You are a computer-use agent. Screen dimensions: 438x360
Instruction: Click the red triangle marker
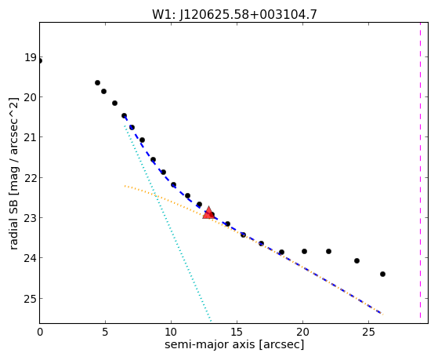[x=208, y=213]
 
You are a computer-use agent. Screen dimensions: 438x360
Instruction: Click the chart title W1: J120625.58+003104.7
[x=234, y=14]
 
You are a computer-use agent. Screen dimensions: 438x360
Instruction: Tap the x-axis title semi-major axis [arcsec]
[x=234, y=344]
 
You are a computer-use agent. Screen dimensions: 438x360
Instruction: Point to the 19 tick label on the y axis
[x=30, y=57]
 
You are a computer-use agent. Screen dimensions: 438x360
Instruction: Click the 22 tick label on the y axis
[x=30, y=178]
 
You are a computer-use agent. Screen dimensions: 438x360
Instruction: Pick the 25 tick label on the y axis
[x=30, y=299]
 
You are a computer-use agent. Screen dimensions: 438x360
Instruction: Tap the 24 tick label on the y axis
[x=30, y=258]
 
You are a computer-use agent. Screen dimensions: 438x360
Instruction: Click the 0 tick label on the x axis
[x=40, y=332]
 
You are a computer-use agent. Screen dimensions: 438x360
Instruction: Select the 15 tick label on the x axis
[x=237, y=332]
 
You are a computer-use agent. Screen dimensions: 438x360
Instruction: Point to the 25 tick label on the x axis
[x=368, y=332]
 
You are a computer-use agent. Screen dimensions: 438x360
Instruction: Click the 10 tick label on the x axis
[x=171, y=332]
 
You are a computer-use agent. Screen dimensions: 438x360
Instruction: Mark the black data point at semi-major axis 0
[x=40, y=61]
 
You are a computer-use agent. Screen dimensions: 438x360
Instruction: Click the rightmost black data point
[x=382, y=275]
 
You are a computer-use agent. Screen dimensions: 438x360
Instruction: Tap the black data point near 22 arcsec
[x=328, y=252]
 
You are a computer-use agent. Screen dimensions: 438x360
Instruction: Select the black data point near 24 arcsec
[x=357, y=260]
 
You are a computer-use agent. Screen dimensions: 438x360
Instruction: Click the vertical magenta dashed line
[x=420, y=170]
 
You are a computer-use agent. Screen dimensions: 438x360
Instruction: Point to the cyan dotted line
[x=168, y=224]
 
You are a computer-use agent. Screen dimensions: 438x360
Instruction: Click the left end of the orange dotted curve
[x=125, y=186]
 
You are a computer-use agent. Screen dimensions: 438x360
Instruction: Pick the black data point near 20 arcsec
[x=304, y=252]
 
